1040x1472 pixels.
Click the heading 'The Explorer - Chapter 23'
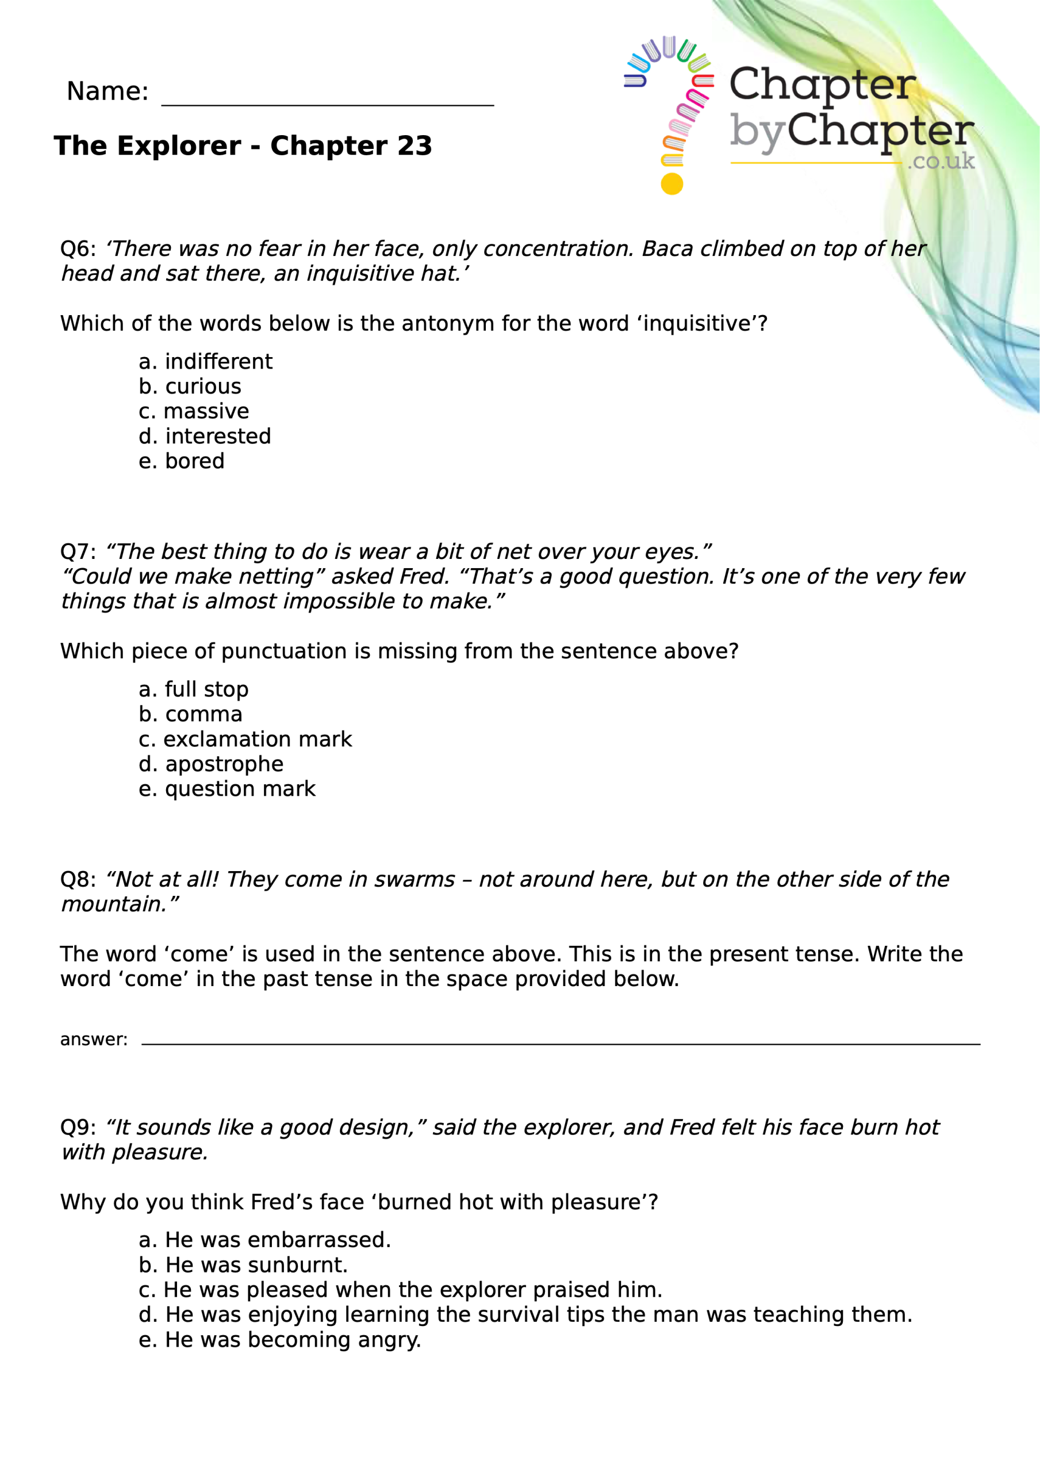(x=243, y=146)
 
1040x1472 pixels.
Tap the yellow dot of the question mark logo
(x=672, y=184)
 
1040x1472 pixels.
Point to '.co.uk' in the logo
(x=941, y=161)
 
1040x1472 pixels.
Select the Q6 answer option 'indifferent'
(x=205, y=362)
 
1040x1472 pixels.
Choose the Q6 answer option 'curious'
(x=190, y=386)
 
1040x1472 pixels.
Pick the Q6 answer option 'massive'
(x=194, y=412)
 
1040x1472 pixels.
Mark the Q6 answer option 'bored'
(x=182, y=462)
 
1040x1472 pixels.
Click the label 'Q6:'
(x=78, y=250)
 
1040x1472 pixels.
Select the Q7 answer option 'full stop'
(x=193, y=690)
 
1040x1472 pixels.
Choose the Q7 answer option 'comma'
(x=190, y=715)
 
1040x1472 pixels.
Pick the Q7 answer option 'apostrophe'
(x=211, y=764)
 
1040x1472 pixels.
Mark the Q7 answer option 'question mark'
(x=227, y=789)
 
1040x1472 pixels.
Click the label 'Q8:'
(x=78, y=880)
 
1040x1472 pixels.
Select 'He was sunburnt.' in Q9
(x=243, y=1265)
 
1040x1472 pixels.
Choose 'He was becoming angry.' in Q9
(x=279, y=1339)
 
